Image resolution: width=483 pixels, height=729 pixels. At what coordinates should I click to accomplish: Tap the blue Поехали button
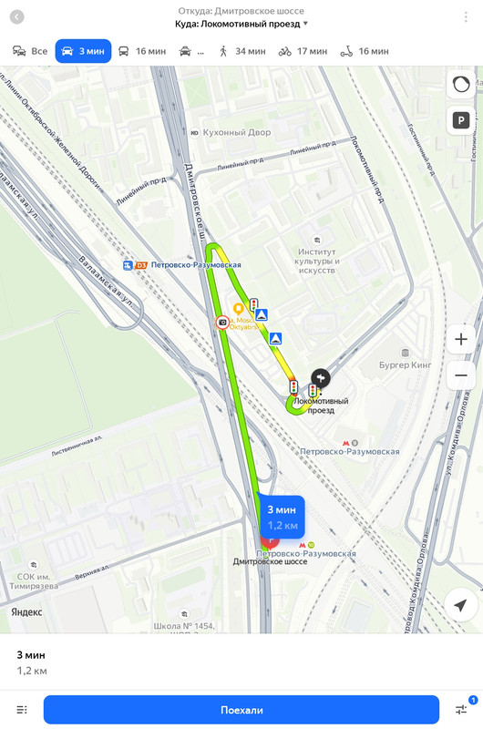point(241,709)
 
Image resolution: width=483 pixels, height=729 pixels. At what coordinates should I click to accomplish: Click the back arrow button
point(17,17)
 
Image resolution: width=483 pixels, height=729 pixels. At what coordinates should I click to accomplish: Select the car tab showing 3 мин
point(83,51)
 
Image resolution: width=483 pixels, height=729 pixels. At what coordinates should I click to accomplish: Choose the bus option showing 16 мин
point(139,51)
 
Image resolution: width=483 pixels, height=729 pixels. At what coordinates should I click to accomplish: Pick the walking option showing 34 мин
point(241,51)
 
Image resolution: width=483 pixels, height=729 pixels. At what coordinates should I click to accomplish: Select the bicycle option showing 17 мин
point(303,51)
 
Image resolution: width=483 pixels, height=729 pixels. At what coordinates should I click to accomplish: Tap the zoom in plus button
point(460,340)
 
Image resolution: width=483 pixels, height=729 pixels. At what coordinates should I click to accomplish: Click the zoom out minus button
point(460,375)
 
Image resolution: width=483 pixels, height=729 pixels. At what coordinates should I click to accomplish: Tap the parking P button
point(460,119)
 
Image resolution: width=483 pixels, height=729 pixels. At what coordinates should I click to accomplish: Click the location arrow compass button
point(460,605)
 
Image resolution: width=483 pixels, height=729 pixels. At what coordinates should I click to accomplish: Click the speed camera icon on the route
point(222,322)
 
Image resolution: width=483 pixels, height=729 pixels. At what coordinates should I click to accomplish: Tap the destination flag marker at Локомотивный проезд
point(320,377)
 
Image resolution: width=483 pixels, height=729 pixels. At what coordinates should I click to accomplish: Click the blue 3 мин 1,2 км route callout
point(282,518)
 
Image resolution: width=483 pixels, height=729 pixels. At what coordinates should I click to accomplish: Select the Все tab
point(30,51)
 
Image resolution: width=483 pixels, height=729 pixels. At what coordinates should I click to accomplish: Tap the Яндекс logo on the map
point(26,612)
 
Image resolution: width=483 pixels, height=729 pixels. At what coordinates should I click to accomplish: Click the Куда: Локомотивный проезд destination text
point(241,24)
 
